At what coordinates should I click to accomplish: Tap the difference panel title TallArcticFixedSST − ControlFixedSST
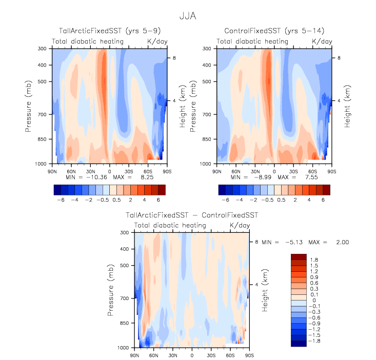tap(192, 215)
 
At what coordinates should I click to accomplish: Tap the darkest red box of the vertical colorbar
tap(298, 257)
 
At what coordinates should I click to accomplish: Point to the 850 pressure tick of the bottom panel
tap(124, 323)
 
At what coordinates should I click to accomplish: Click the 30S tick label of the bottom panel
tap(211, 354)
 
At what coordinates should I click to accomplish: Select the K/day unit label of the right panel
tap(322, 41)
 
